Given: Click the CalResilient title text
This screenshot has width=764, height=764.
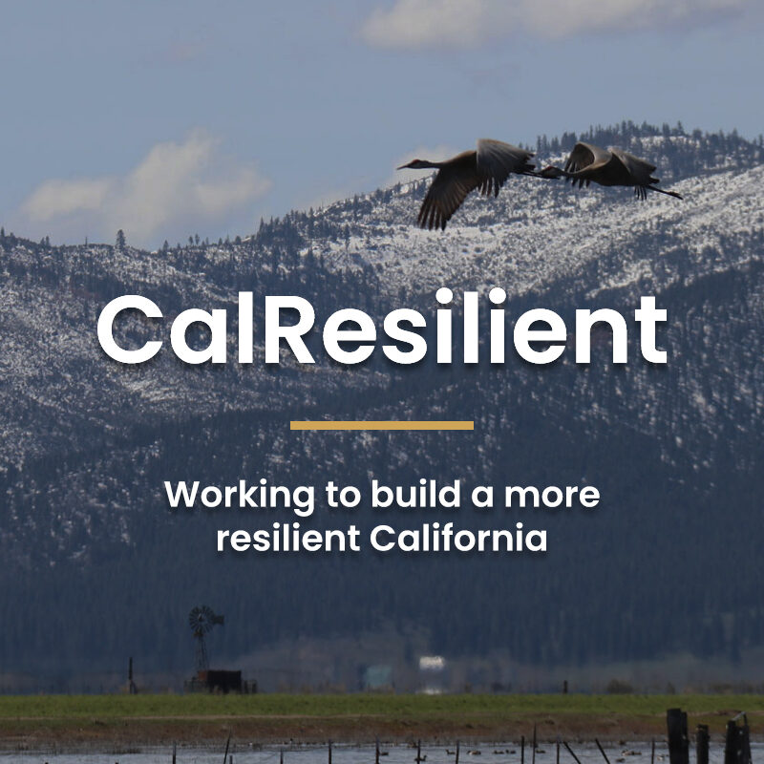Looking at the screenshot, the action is pyautogui.click(x=382, y=327).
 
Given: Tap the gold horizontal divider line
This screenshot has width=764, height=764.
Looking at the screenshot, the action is pyautogui.click(x=382, y=425).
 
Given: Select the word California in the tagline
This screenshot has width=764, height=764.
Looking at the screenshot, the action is pyautogui.click(x=458, y=538).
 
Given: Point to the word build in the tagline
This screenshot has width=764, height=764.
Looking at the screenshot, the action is pyautogui.click(x=415, y=494).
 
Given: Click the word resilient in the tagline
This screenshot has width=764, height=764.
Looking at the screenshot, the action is pyautogui.click(x=288, y=538).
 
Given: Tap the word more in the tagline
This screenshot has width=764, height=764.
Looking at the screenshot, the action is pyautogui.click(x=552, y=496).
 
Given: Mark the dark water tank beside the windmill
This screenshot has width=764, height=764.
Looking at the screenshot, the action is pyautogui.click(x=224, y=680).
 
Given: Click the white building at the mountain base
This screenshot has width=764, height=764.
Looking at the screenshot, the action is pyautogui.click(x=433, y=663).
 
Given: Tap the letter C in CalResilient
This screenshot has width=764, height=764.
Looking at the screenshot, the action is pyautogui.click(x=130, y=328).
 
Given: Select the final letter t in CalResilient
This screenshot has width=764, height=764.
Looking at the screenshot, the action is pyautogui.click(x=653, y=330).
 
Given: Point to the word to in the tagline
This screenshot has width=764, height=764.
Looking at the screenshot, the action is pyautogui.click(x=344, y=495).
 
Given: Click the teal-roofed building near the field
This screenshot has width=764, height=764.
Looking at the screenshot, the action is pyautogui.click(x=377, y=677).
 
